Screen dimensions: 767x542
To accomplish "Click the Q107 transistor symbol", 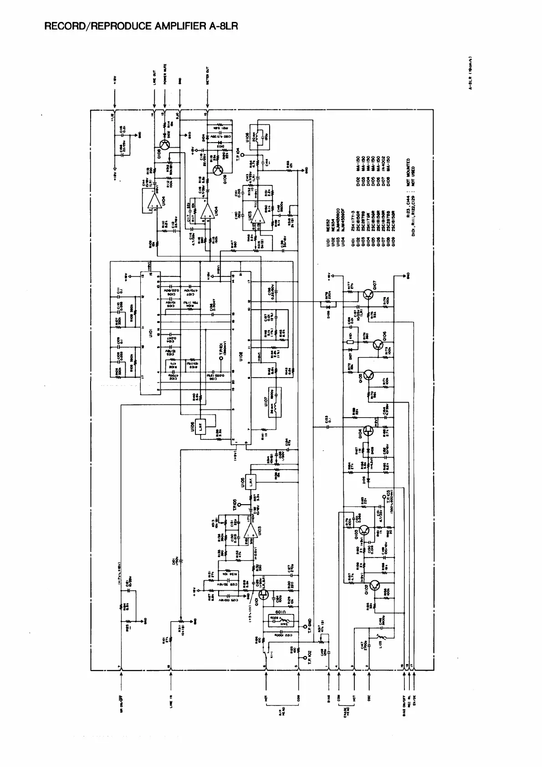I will coord(368,296).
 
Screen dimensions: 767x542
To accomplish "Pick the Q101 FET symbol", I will coord(262,593).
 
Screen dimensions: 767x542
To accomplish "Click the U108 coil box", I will coord(257,135).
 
